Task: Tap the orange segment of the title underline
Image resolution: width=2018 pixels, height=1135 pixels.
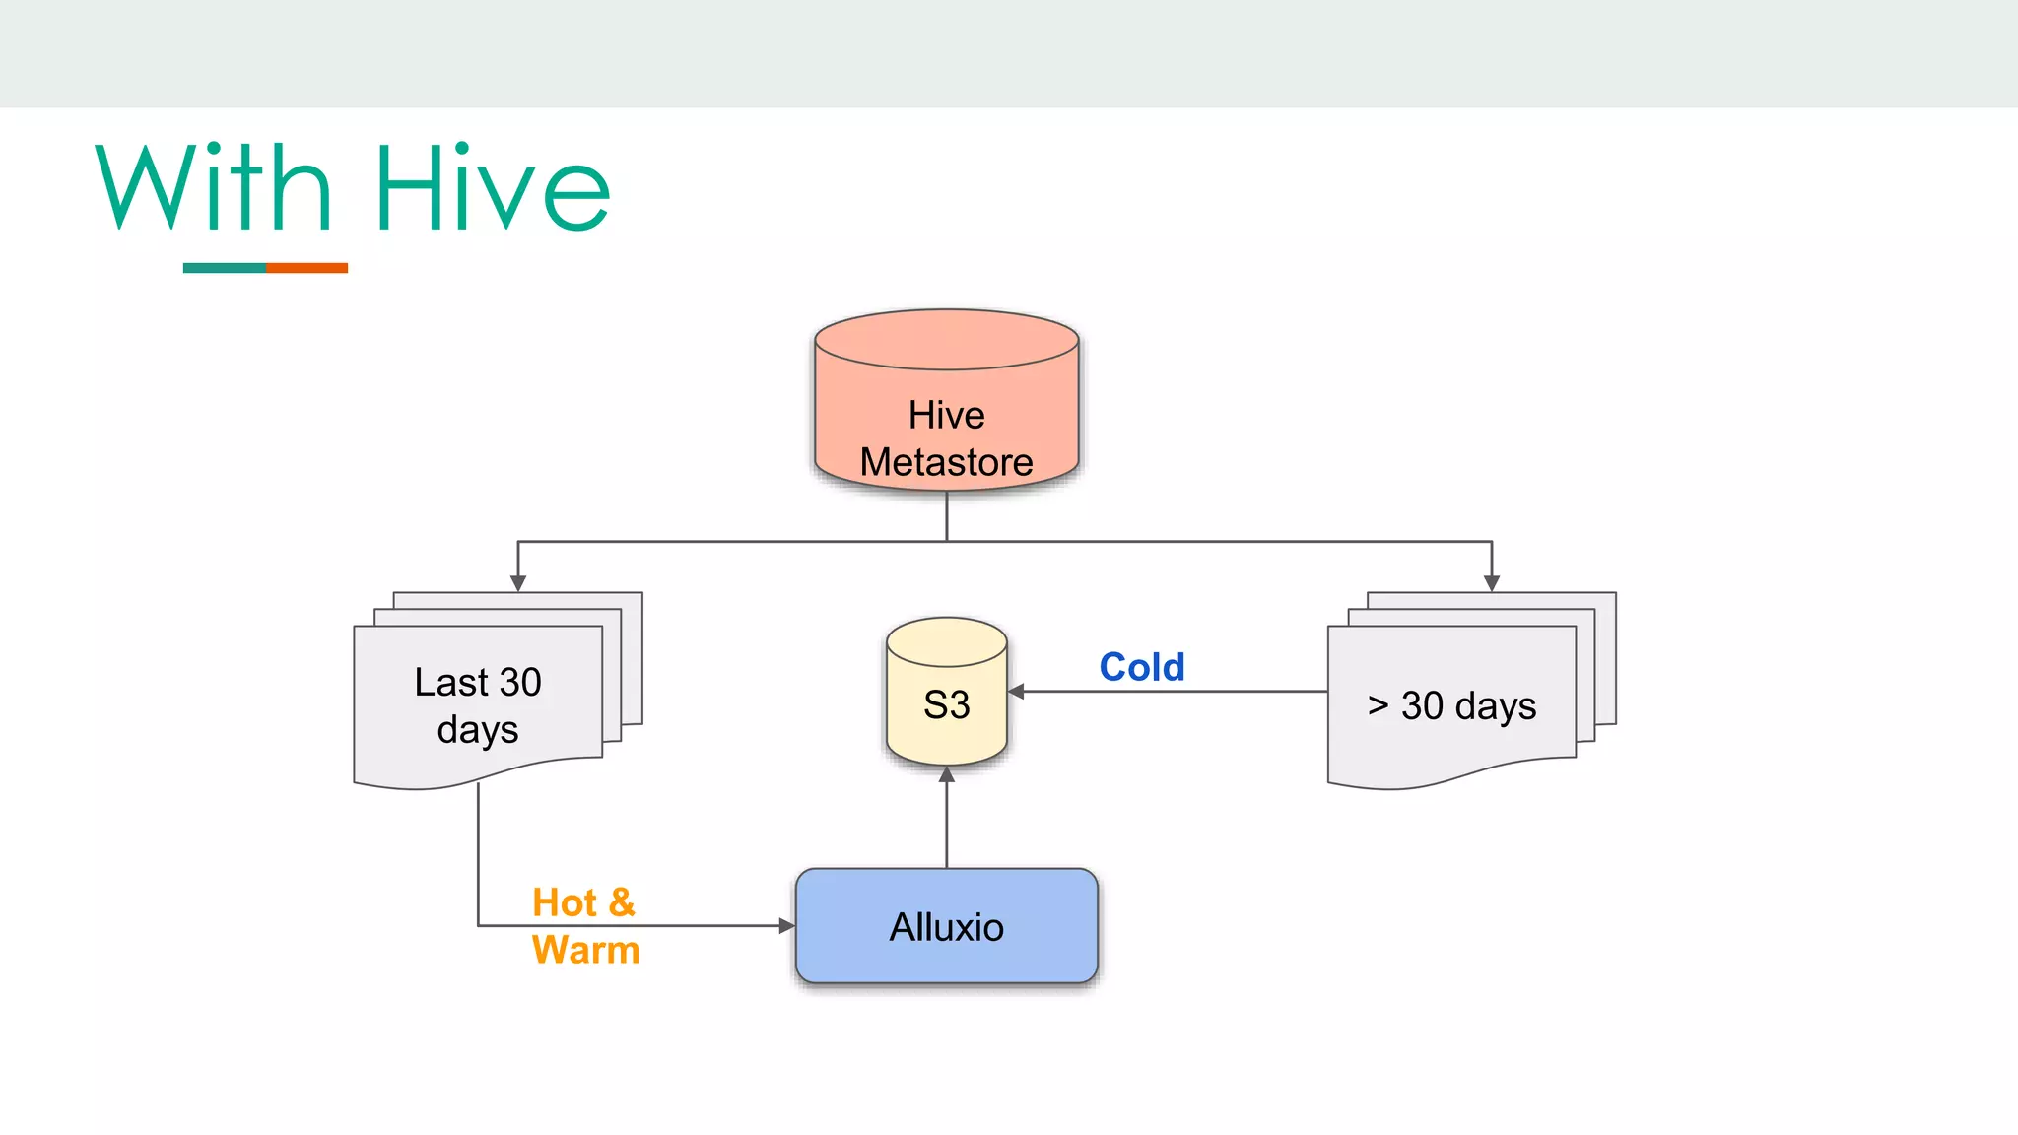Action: [306, 268]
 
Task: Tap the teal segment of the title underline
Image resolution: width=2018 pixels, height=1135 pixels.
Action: [224, 268]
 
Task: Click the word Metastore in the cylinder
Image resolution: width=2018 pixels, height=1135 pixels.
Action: [946, 462]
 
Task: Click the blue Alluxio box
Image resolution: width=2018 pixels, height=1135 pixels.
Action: [946, 926]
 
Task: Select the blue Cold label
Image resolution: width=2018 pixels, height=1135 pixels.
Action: [1141, 667]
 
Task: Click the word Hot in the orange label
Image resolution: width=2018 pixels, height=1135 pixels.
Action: [565, 902]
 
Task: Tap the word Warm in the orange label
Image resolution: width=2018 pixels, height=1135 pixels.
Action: [585, 950]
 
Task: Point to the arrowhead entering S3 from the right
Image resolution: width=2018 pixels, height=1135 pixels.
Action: [1016, 692]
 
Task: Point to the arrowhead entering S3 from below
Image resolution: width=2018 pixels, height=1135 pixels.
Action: [947, 774]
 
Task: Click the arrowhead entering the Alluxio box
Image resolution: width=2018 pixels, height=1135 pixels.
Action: [786, 925]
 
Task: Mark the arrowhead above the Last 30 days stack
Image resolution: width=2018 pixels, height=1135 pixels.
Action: [518, 583]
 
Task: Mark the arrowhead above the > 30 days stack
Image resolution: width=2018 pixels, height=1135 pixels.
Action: [1492, 583]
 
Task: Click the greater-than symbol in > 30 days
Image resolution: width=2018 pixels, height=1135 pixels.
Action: [1378, 705]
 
